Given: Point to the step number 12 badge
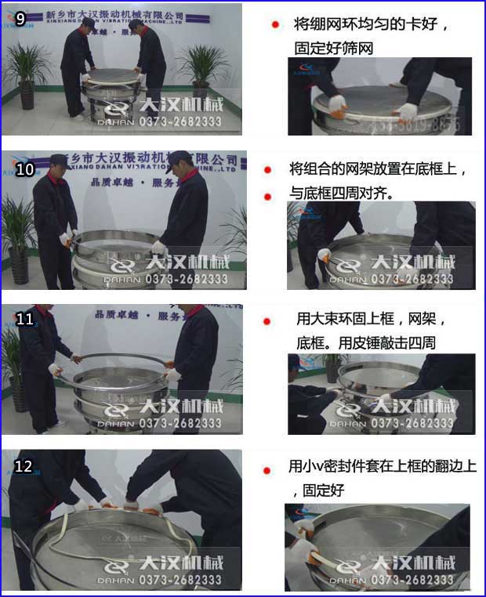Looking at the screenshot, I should [24, 466].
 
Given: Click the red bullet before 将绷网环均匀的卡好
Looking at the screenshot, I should [275, 25].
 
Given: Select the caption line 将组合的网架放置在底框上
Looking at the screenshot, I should [378, 169].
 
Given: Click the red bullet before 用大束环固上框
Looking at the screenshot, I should [267, 320].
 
